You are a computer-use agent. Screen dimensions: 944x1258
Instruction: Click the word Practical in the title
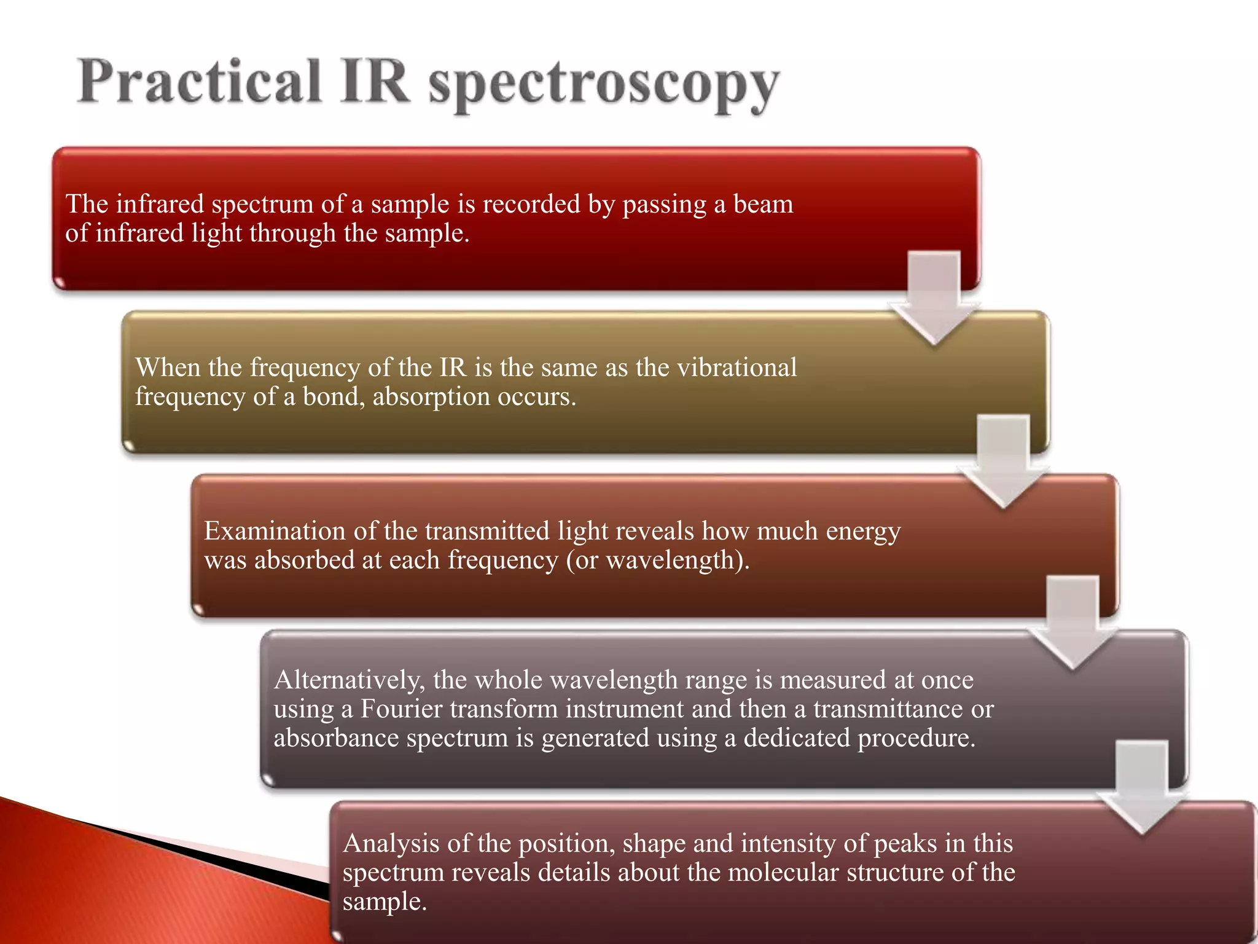click(x=199, y=82)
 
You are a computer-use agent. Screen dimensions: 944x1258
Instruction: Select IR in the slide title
click(x=374, y=82)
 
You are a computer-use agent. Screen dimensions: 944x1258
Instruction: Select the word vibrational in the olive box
click(x=736, y=368)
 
